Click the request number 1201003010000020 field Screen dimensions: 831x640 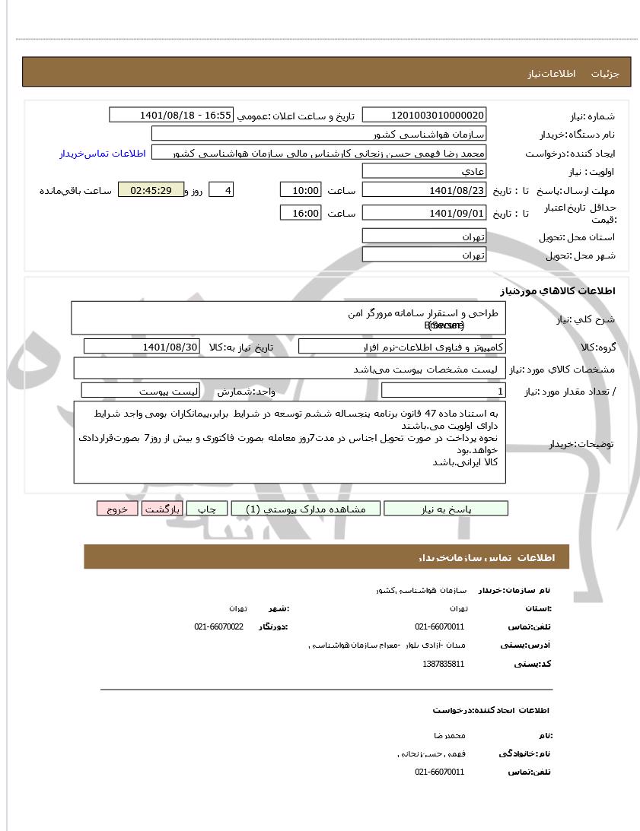click(x=424, y=115)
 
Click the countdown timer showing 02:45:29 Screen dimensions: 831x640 click(x=151, y=190)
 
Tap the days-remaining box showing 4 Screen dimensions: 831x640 click(x=220, y=190)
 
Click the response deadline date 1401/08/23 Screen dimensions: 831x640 click(x=424, y=190)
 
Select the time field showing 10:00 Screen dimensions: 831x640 click(x=301, y=190)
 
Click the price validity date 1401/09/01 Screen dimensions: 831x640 click(x=424, y=213)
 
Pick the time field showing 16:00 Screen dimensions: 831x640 click(x=301, y=213)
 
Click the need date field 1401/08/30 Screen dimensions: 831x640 click(x=142, y=347)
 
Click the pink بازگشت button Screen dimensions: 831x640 click(x=161, y=509)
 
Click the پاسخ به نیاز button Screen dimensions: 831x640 click(x=446, y=509)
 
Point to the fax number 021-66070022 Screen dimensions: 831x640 click(x=218, y=626)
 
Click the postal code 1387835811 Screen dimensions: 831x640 click(x=443, y=664)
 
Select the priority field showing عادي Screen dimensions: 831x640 click(x=424, y=172)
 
